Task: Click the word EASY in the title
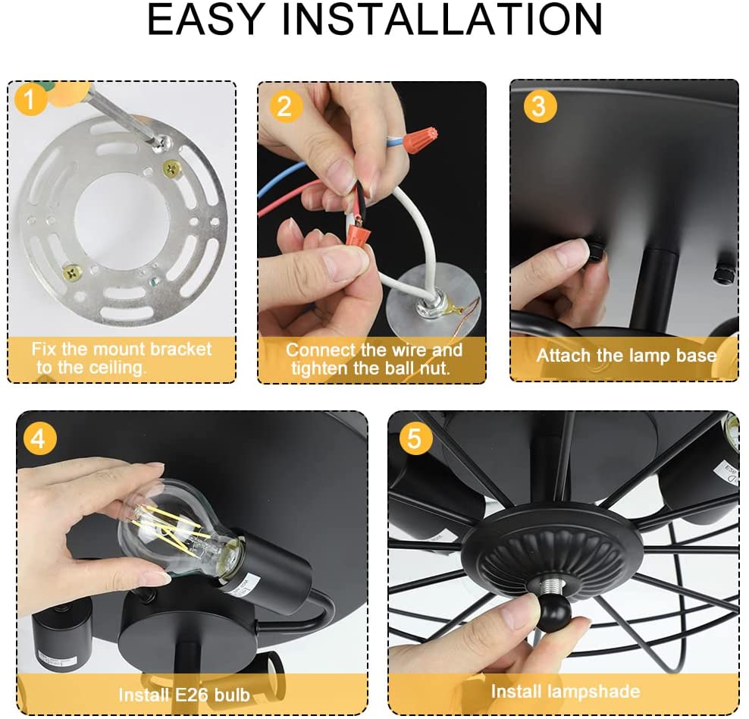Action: coord(205,19)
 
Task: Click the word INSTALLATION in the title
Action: coord(442,19)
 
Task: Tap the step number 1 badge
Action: coord(30,99)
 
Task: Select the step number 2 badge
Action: coord(285,105)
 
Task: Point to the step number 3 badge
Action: coord(540,105)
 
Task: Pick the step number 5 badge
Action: coord(415,438)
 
